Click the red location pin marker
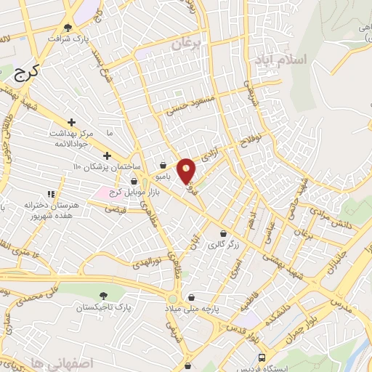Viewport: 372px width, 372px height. (x=187, y=170)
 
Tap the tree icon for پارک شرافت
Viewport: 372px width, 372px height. (x=68, y=28)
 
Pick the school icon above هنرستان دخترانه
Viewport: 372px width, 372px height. (x=51, y=194)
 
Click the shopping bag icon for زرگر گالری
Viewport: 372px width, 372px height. (x=223, y=234)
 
